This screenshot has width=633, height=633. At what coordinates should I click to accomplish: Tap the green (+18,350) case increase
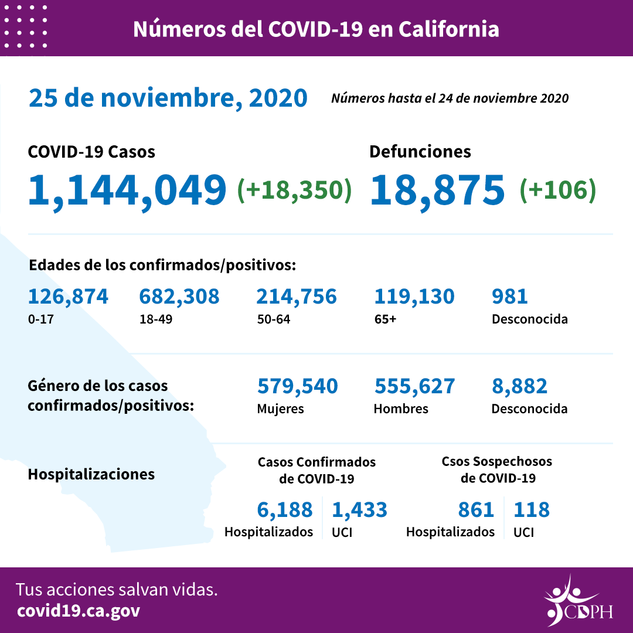click(x=294, y=189)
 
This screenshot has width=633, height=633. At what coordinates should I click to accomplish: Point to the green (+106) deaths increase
click(x=557, y=189)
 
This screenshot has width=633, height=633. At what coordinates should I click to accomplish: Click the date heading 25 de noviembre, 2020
click(x=168, y=98)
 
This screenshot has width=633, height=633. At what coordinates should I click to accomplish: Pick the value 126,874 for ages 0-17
click(x=68, y=297)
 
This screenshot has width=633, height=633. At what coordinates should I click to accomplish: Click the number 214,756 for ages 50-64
click(x=297, y=297)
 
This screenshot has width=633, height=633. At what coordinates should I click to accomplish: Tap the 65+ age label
click(x=384, y=319)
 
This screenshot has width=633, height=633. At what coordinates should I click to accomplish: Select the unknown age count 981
click(x=510, y=297)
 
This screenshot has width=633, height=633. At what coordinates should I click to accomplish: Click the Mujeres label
click(x=280, y=409)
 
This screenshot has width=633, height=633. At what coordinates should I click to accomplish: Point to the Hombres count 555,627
click(x=414, y=386)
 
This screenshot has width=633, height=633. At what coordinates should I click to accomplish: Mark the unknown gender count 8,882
click(x=520, y=386)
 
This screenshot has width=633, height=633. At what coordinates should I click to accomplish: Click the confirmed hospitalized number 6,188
click(x=285, y=510)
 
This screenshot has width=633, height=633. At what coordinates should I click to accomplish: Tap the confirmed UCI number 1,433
click(x=359, y=510)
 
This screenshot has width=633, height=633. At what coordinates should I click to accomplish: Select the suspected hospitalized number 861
click(x=477, y=510)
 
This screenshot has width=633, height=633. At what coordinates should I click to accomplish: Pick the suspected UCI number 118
click(x=532, y=510)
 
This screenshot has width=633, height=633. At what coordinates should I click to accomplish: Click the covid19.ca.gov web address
click(x=78, y=611)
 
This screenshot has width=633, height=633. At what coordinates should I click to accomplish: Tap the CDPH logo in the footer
click(x=577, y=601)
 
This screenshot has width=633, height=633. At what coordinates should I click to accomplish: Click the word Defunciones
click(x=420, y=152)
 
